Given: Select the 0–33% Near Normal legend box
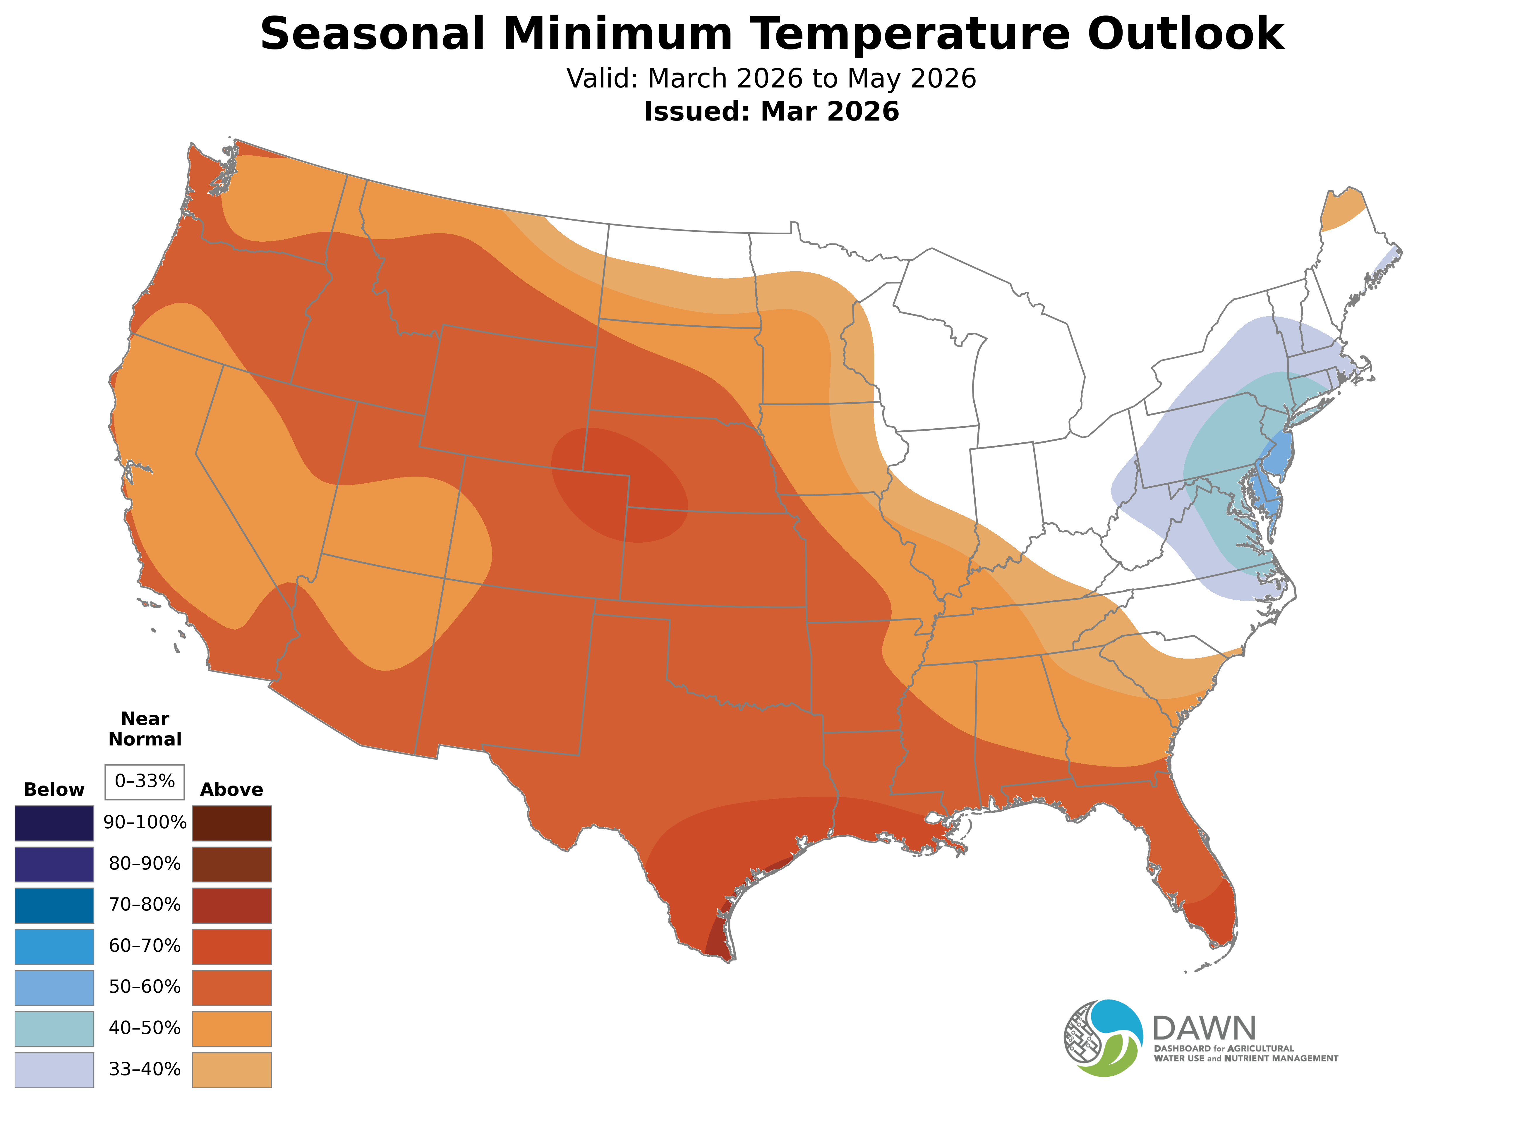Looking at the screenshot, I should [x=145, y=782].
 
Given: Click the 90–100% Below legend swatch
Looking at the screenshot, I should [x=54, y=823].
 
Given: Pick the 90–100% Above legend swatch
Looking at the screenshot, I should [x=232, y=823].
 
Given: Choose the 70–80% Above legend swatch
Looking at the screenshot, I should [x=232, y=905].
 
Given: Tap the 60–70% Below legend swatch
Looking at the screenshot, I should [x=54, y=946].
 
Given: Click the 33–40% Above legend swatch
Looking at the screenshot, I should [x=232, y=1070].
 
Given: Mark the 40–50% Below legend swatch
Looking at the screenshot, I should [x=54, y=1028].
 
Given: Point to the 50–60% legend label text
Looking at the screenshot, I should [x=145, y=987].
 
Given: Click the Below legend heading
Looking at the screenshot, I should [x=54, y=790].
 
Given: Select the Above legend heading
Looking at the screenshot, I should [x=232, y=790].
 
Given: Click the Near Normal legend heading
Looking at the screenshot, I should [x=145, y=729].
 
